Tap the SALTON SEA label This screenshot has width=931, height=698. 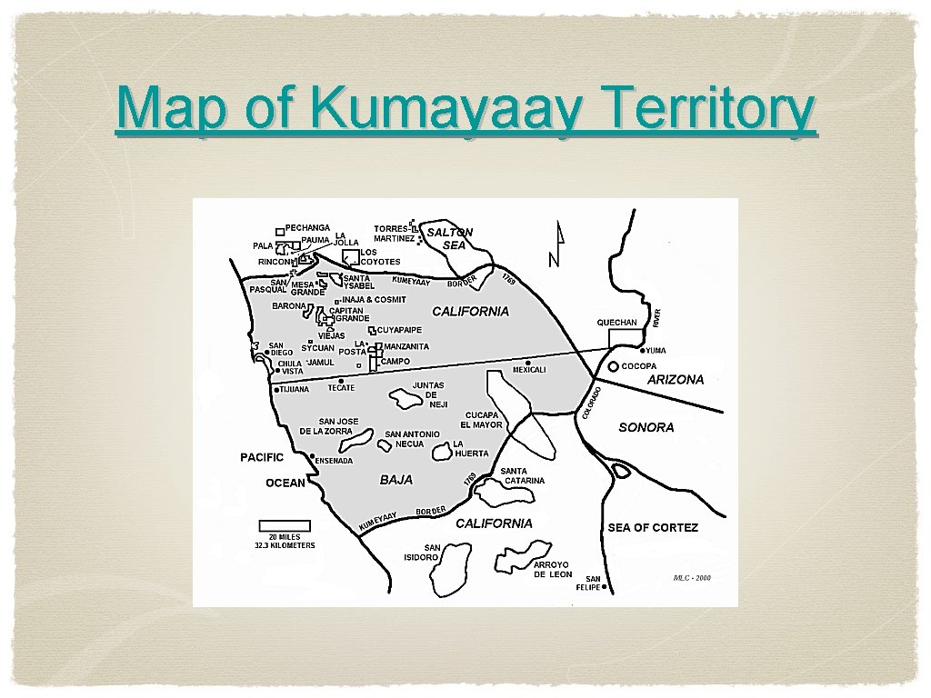coord(451,238)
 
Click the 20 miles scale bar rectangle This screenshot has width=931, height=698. coord(285,525)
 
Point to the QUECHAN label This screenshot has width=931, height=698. coord(616,323)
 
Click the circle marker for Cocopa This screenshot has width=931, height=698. coord(614,366)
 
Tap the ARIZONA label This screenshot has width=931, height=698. coord(675,380)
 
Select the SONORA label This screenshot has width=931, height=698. coord(646,427)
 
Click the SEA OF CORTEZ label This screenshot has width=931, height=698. coord(653,527)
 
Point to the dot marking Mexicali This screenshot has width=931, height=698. coord(528,363)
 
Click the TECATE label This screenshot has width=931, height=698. coord(341,388)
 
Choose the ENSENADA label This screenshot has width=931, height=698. coord(334,461)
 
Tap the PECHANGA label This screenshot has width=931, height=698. coord(307,227)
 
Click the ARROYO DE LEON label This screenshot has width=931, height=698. coord(553,570)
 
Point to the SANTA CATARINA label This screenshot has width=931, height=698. coord(523,475)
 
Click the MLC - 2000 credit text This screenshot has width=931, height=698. coord(692,577)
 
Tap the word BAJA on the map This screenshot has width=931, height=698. coord(395,479)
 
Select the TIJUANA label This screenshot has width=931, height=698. coord(295,389)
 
